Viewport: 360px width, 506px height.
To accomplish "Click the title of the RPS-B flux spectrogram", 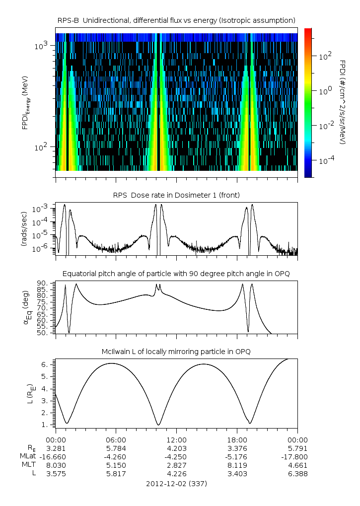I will click(177, 20).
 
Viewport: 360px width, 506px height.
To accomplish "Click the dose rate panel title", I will click(177, 194).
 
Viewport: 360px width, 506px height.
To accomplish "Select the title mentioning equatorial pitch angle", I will click(177, 274).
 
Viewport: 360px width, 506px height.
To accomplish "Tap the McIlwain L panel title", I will click(177, 352).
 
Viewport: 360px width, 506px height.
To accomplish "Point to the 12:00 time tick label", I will click(176, 439).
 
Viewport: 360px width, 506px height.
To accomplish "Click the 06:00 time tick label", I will click(116, 439).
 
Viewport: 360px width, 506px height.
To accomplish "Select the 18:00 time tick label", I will click(237, 439).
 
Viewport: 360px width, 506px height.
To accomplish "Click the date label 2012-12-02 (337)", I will click(176, 483).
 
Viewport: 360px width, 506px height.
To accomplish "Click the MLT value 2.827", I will click(176, 465).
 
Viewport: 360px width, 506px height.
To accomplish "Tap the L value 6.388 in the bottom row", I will click(297, 474).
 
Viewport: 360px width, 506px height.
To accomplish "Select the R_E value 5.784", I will click(116, 448).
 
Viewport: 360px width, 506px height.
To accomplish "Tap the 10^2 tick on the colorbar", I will click(324, 56).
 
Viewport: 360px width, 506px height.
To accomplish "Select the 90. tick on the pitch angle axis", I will click(42, 284).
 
